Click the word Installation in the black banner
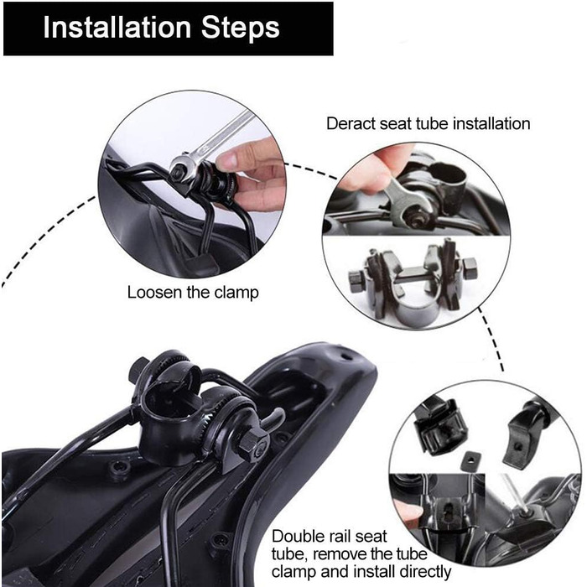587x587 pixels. click(x=117, y=28)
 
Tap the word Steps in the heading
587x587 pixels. click(x=241, y=29)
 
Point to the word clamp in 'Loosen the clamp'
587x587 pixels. click(x=236, y=293)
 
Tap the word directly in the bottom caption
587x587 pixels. click(x=425, y=573)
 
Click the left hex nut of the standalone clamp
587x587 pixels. click(x=356, y=280)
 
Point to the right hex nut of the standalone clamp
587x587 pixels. click(x=469, y=268)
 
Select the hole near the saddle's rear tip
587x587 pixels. click(x=345, y=356)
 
